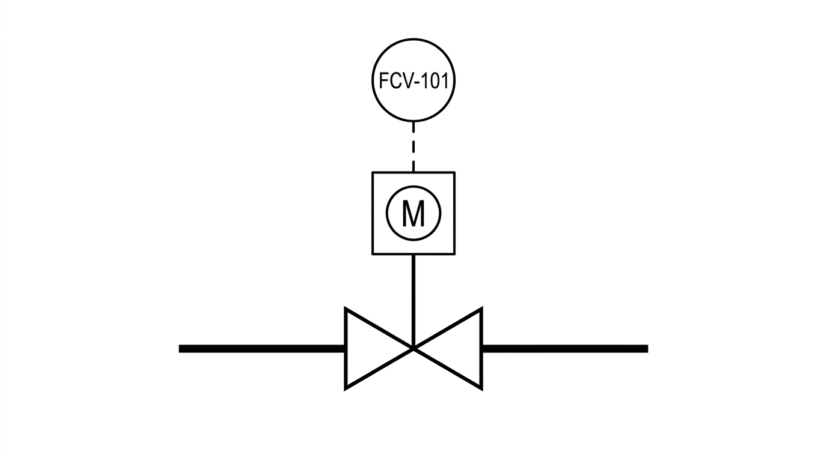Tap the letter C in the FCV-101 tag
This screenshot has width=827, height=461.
(397, 80)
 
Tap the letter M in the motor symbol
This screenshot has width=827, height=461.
(413, 214)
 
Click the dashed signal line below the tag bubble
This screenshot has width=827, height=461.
(413, 147)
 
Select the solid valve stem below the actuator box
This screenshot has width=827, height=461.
(413, 301)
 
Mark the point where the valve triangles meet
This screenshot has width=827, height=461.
(413, 348)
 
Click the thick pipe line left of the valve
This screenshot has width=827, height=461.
(262, 349)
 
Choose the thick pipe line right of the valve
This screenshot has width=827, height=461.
(565, 349)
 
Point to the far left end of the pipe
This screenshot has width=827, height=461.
(180, 349)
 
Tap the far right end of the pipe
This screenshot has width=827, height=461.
(647, 349)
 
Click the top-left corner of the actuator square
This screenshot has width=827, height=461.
(373, 172)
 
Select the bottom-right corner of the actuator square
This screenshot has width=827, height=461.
(454, 254)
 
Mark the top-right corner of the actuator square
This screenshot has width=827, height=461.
(454, 172)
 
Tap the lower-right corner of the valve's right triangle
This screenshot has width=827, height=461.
(481, 389)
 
